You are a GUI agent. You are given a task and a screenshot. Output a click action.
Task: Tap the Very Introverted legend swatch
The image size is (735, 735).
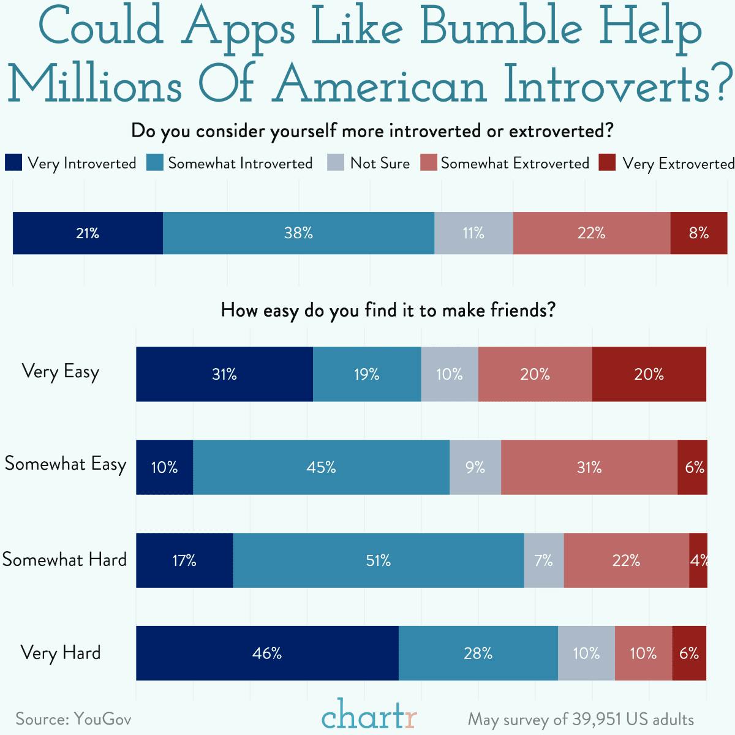pyautogui.click(x=13, y=163)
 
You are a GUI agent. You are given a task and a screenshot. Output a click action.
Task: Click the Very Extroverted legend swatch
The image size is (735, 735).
pyautogui.click(x=606, y=163)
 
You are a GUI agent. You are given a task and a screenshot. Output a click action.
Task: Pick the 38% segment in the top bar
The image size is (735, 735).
pyautogui.click(x=298, y=233)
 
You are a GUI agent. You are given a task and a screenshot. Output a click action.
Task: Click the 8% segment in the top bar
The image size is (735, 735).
pyautogui.click(x=698, y=233)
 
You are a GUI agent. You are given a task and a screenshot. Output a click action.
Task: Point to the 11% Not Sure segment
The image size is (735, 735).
pyautogui.click(x=473, y=233)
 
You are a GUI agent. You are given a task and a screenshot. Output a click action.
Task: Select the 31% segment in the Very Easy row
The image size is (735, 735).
pyautogui.click(x=224, y=374)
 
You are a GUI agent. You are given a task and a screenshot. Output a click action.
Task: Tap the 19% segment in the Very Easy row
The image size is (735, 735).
pyautogui.click(x=366, y=374)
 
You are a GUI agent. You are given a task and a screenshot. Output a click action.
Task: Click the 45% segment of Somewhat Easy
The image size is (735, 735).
pyautogui.click(x=321, y=467)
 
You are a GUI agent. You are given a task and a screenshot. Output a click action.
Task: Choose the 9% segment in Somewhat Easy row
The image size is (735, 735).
pyautogui.click(x=475, y=467)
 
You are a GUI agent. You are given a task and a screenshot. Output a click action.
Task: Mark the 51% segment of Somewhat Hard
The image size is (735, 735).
pyautogui.click(x=378, y=560)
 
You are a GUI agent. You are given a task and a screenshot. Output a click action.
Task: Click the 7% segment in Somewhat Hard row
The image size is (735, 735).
pyautogui.click(x=543, y=560)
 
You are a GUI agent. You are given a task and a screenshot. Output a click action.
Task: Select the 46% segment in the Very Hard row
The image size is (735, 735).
pyautogui.click(x=267, y=654)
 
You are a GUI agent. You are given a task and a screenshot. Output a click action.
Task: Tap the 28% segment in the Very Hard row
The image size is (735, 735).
pyautogui.click(x=478, y=654)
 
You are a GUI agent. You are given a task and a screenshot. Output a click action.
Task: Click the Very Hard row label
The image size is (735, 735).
pyautogui.click(x=61, y=653)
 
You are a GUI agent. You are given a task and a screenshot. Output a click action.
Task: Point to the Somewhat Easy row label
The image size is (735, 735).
pyautogui.click(x=65, y=464)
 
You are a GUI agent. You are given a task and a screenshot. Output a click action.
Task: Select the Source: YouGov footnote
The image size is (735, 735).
pyautogui.click(x=73, y=718)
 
